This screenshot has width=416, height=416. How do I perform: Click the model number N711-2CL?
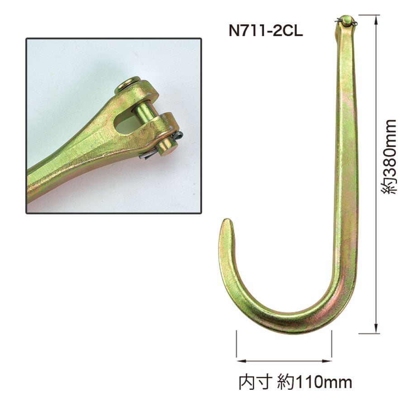coord(265,31)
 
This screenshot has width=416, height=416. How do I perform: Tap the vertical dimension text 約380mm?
coord(388,157)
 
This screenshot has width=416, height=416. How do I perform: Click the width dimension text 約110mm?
coord(315,382)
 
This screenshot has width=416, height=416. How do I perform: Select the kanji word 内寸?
coord(255,382)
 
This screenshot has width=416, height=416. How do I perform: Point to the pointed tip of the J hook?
coord(227,220)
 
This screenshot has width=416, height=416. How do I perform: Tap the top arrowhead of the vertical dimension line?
coord(376,20)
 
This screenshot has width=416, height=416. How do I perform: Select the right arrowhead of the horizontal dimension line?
coord(326,361)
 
